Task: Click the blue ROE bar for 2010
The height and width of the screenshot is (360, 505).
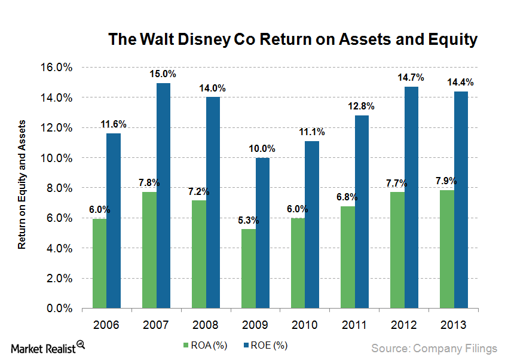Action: (x=312, y=224)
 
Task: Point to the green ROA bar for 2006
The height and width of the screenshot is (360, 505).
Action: (x=99, y=263)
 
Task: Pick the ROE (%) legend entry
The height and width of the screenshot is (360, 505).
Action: (x=270, y=345)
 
